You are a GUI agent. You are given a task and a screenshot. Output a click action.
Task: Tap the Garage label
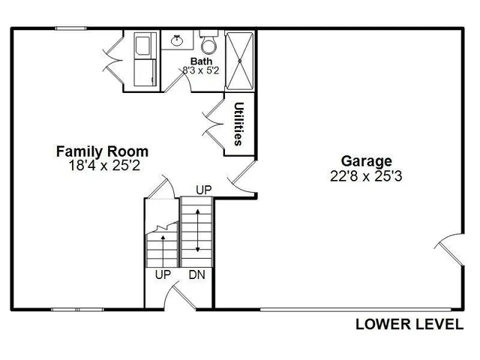[x=367, y=160]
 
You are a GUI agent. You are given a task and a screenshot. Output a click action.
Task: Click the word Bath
[x=201, y=61]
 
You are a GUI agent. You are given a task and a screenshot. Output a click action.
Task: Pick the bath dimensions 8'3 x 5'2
[x=201, y=70]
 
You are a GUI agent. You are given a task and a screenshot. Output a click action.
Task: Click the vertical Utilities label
[x=238, y=124]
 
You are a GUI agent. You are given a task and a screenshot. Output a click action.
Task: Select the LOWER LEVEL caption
[x=409, y=325]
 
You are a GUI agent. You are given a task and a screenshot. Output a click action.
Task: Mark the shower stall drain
[x=241, y=61]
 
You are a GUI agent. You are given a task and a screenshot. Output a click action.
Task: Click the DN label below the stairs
[x=197, y=275]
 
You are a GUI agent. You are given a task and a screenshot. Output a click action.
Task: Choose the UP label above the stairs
[x=203, y=190]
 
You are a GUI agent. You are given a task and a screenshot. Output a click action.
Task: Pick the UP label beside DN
[x=163, y=275]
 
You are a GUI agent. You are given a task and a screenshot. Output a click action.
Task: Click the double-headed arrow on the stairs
[x=197, y=231]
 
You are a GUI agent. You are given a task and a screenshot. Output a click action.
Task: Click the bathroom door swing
[x=178, y=81]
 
